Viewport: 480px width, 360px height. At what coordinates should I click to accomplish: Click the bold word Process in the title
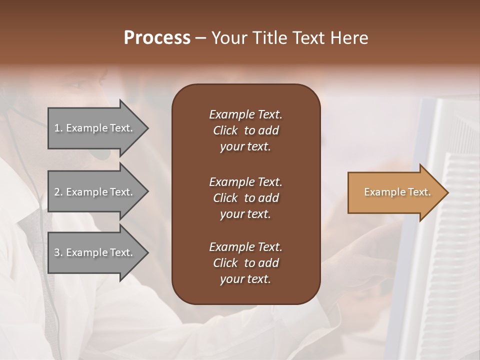point(157,38)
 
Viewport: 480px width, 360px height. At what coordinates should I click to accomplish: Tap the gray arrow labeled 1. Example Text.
point(95,128)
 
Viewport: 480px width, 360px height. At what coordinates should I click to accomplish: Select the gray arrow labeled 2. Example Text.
point(95,192)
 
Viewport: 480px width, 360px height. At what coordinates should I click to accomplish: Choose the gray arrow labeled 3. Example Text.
point(95,252)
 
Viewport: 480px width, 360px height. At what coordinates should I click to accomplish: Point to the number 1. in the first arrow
point(58,128)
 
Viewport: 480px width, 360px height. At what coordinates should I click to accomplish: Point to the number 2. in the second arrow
point(58,192)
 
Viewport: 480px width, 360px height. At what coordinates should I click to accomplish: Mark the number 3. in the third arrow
point(58,252)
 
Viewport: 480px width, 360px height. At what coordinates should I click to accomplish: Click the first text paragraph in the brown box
point(245,130)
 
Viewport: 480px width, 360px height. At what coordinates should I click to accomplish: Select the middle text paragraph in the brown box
point(245,197)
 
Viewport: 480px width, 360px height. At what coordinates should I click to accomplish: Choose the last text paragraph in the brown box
point(245,263)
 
